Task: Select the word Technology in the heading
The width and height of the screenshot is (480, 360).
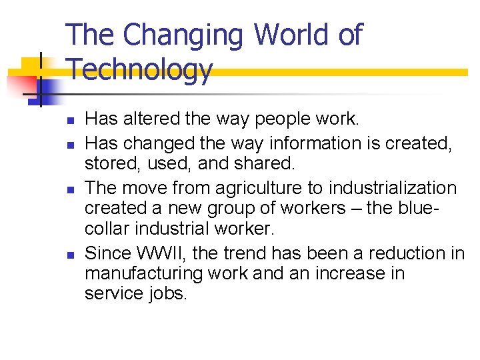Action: tap(140, 69)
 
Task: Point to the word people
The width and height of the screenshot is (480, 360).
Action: tap(289, 119)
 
